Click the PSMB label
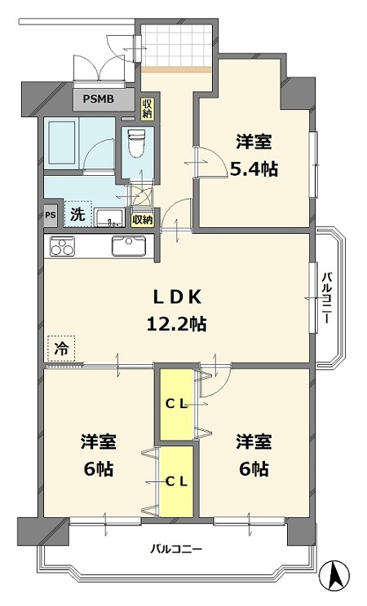(103, 101)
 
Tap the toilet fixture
(135, 146)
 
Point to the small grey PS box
(51, 216)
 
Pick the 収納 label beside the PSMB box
(147, 107)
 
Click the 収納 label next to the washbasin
(142, 219)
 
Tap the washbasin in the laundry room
(108, 217)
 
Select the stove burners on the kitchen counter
(62, 246)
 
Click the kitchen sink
(128, 246)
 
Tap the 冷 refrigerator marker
(61, 348)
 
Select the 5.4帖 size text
(254, 169)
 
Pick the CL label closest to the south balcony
(177, 481)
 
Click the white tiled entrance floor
(175, 48)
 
